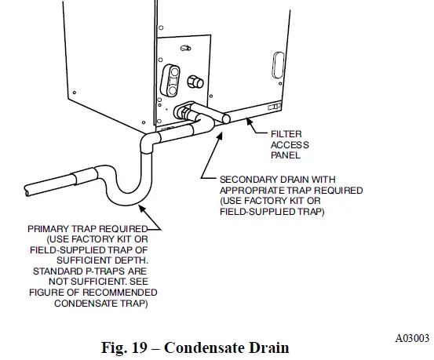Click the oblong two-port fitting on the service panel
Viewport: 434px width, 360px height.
[172, 78]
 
